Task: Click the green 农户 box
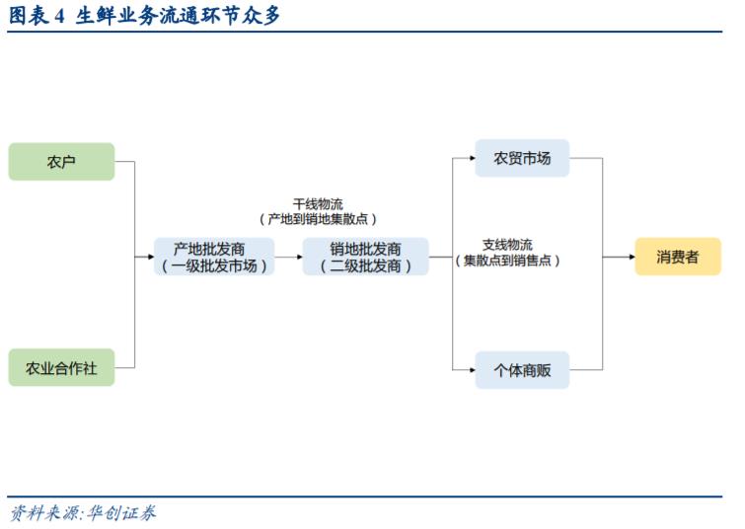61,162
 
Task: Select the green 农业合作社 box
61,367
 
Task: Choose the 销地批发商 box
365,257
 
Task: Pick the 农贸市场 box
522,158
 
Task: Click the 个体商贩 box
522,369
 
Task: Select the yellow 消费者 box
677,257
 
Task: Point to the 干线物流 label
318,203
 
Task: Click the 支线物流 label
507,245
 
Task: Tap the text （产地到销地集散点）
318,219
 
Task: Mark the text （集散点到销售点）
507,261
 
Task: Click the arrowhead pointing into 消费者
629,257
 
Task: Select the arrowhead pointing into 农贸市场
470,158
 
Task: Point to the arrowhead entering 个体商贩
470,369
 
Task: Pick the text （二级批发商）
365,265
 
